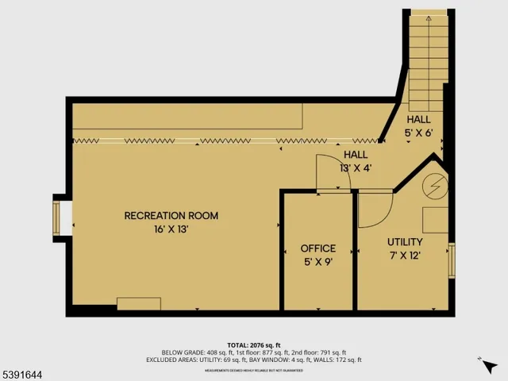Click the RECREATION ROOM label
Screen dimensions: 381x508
171,215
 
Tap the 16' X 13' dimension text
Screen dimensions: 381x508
171,229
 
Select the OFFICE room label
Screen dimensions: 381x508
317,248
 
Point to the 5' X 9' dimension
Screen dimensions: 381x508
317,262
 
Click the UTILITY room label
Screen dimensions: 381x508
405,241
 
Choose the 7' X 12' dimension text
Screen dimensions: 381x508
405,255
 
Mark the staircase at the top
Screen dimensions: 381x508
429,56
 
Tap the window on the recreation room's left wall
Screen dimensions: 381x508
56,216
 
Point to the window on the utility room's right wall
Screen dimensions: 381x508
452,260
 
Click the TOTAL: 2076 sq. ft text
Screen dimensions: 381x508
254,345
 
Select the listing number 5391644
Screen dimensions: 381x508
25,371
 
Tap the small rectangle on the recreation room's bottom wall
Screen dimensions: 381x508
139,303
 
